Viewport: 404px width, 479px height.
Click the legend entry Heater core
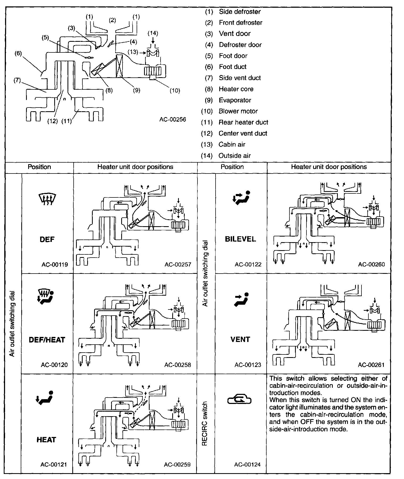pyautogui.click(x=236, y=89)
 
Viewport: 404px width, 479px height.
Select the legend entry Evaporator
pyautogui.click(x=235, y=100)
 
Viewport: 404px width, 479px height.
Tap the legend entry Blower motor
pyautogui.click(x=238, y=111)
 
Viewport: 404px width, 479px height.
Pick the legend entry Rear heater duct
pyautogui.click(x=243, y=122)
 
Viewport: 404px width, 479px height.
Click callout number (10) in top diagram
pyautogui.click(x=175, y=90)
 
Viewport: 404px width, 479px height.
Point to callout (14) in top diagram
pyautogui.click(x=153, y=33)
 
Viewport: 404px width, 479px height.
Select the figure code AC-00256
pyautogui.click(x=172, y=119)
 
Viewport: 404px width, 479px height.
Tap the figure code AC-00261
pyautogui.click(x=371, y=365)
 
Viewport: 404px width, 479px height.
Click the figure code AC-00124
pyautogui.click(x=247, y=465)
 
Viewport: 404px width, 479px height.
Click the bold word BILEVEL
pyautogui.click(x=241, y=239)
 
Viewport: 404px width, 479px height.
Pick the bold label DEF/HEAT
pyautogui.click(x=47, y=340)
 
